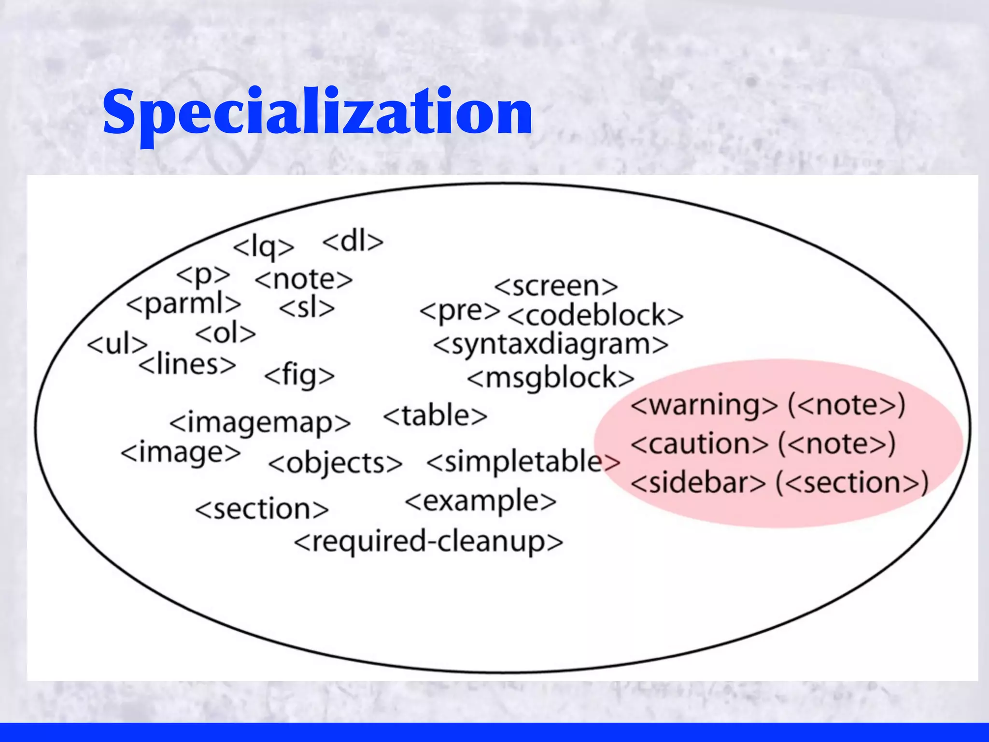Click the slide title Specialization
coord(317,112)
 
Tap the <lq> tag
coord(263,247)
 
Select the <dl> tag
coord(353,242)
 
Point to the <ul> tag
coord(117,344)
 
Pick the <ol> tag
coord(226,333)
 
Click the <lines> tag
coord(187,364)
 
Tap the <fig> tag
coord(299,375)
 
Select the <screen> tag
coord(556,286)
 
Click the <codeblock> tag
coord(595,315)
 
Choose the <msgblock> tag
coord(551,378)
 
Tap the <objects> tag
coord(335,463)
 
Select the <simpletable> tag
coord(523,461)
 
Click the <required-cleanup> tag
coord(428,542)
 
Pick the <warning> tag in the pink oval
coord(704,405)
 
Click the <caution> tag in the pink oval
coord(699,444)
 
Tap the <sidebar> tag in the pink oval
coord(698,483)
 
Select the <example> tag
coord(480,501)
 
